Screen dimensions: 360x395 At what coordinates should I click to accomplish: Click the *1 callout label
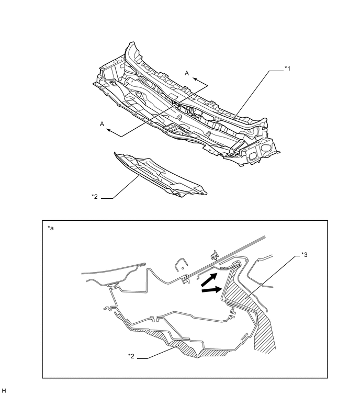(x=287, y=68)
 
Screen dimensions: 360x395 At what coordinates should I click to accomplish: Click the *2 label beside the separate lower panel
(x=95, y=196)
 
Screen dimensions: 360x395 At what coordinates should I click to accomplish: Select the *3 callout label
(x=305, y=255)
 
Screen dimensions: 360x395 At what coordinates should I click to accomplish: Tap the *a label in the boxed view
(x=51, y=228)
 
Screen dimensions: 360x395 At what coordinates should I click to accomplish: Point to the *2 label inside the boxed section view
(x=131, y=356)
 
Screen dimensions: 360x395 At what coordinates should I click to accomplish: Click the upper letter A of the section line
(x=187, y=73)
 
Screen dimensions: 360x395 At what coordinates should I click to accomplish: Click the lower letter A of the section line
(x=102, y=124)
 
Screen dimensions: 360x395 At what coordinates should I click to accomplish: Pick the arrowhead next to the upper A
(x=195, y=80)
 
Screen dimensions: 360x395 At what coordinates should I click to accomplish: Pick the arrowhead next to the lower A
(x=109, y=130)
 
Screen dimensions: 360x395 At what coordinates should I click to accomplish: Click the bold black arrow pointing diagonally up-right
(x=209, y=279)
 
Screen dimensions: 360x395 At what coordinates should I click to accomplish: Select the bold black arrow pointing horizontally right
(x=211, y=290)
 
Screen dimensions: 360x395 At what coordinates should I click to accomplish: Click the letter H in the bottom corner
(x=4, y=391)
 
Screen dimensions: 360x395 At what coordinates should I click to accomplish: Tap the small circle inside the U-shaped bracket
(x=183, y=268)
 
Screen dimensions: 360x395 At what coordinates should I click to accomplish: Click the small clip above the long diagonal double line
(x=215, y=255)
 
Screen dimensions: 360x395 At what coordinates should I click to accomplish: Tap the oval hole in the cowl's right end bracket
(x=265, y=148)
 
